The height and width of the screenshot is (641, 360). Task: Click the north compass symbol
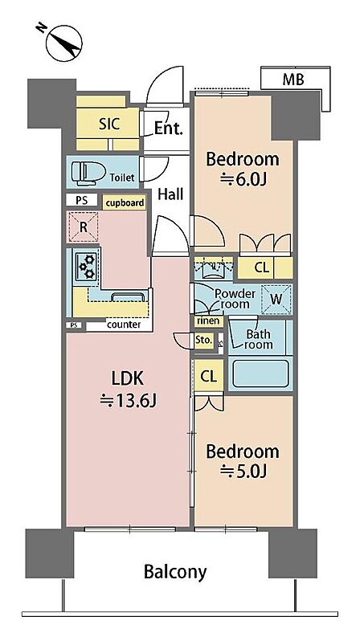[x=63, y=43]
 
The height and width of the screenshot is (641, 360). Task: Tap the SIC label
[x=109, y=124]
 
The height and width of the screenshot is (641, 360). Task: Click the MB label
[x=293, y=80]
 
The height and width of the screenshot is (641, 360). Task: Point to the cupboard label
[x=125, y=202]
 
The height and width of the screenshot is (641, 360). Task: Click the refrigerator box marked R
[x=83, y=227]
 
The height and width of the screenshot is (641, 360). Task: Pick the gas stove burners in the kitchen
[x=87, y=266]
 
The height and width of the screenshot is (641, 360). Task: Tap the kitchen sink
[x=128, y=296]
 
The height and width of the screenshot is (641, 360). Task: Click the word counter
[x=124, y=325]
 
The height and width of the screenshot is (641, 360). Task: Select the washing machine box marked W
[x=276, y=300]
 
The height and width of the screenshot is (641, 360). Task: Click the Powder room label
[x=235, y=299]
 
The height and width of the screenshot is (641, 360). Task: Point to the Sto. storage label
[x=204, y=339]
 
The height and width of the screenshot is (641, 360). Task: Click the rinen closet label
[x=209, y=321]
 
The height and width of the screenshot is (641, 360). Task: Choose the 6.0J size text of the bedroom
[x=243, y=179]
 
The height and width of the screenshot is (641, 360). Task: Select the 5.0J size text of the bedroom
[x=243, y=472]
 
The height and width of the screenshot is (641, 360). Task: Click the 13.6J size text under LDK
[x=128, y=401]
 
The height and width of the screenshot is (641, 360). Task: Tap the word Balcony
[x=175, y=572]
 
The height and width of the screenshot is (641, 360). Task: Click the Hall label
[x=170, y=194]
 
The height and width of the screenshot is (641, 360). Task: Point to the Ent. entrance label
[x=168, y=129]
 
